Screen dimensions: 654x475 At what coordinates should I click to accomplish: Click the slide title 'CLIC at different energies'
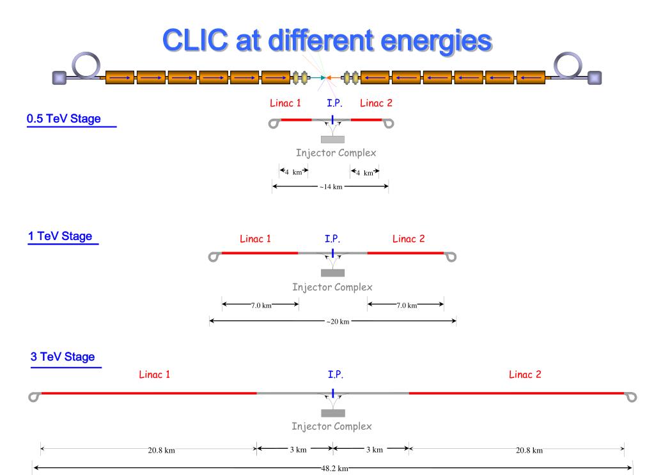tap(327, 41)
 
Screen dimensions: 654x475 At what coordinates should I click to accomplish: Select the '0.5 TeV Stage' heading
tap(64, 119)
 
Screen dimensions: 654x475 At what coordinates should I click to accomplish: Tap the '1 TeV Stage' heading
tap(60, 236)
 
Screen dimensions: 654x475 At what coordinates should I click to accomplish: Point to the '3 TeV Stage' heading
tap(63, 357)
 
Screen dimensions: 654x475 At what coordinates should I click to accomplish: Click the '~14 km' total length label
tap(331, 186)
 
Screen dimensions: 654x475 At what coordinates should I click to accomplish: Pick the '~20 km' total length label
tap(338, 322)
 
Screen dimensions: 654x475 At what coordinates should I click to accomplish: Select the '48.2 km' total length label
tap(334, 469)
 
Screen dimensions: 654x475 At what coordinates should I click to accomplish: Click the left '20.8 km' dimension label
tap(161, 450)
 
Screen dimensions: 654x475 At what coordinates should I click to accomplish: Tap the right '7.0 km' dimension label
tap(407, 305)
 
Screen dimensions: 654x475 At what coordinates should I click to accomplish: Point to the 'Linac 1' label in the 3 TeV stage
tap(154, 375)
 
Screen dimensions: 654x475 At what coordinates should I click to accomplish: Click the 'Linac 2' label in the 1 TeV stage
tap(409, 239)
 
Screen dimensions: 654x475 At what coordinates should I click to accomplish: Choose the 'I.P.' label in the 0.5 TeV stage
tap(334, 103)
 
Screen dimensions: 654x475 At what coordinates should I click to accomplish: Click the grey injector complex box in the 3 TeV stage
tap(333, 413)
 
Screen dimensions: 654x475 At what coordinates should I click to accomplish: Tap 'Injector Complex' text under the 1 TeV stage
tap(332, 287)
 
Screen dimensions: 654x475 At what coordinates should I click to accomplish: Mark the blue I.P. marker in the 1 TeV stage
tap(333, 253)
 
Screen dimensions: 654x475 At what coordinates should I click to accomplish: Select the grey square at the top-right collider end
tap(595, 78)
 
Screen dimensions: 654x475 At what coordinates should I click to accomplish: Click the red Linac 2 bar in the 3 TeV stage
tap(517, 393)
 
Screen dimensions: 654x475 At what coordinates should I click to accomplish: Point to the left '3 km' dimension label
tap(298, 449)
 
